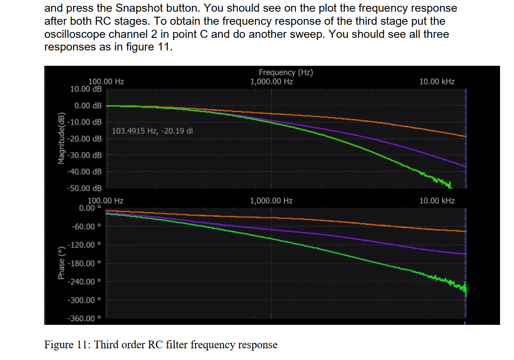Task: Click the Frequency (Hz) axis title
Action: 286,73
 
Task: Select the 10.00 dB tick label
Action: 86,89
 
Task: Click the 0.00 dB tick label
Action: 88,106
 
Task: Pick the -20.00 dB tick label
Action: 85,139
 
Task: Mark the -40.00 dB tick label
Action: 85,172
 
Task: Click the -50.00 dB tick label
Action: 85,188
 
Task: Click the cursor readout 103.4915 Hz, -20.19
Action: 152,131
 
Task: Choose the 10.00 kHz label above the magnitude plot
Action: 437,82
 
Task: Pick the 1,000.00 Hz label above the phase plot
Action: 271,201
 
